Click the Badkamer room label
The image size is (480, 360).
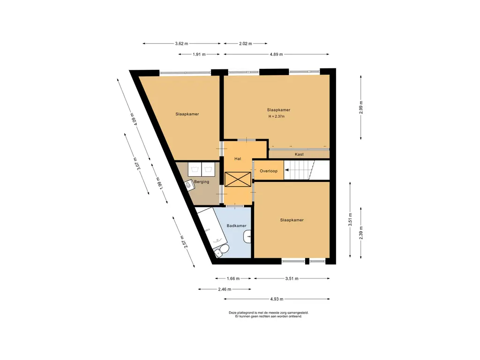pyautogui.click(x=236, y=225)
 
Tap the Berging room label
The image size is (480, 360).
pyautogui.click(x=202, y=182)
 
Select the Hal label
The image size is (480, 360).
pyautogui.click(x=238, y=158)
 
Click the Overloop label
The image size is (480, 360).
pyautogui.click(x=269, y=171)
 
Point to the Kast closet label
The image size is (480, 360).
pyautogui.click(x=299, y=154)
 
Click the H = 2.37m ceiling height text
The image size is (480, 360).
pyautogui.click(x=277, y=116)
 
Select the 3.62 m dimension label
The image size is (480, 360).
pyautogui.click(x=181, y=44)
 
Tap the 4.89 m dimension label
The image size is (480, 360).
pyautogui.click(x=276, y=54)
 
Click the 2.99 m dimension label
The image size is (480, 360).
pyautogui.click(x=361, y=107)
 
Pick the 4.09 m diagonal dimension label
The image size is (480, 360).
pyautogui.click(x=134, y=119)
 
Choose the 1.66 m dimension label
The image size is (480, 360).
pyautogui.click(x=233, y=278)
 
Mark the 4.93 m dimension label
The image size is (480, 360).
pyautogui.click(x=277, y=299)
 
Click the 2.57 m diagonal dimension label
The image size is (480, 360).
pyautogui.click(x=183, y=241)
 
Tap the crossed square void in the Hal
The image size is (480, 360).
pyautogui.click(x=238, y=180)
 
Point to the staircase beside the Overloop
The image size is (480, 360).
pyautogui.click(x=307, y=170)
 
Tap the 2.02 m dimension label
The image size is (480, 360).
pyautogui.click(x=246, y=44)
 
